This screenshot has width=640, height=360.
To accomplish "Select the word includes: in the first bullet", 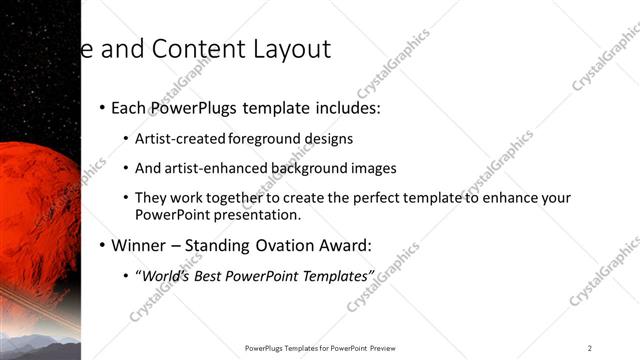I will tap(344, 108).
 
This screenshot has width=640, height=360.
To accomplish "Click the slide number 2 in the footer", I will tap(590, 348).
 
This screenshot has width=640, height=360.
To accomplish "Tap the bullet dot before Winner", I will tap(102, 245).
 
